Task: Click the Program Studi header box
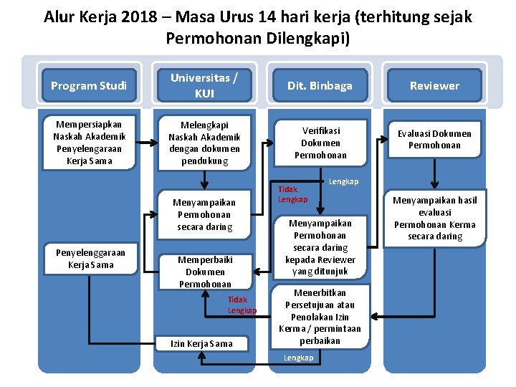[x=89, y=86]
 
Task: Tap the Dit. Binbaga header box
[x=320, y=86]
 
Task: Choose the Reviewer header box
[x=434, y=86]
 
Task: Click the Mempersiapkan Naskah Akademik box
[x=89, y=143]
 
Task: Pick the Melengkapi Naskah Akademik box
[x=204, y=143]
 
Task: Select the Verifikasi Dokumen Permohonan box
[x=320, y=143]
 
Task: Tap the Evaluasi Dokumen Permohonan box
[x=434, y=139]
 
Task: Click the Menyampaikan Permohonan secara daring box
[x=204, y=214]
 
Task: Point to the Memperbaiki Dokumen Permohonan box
[x=204, y=272]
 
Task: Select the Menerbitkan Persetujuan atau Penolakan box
[x=320, y=317]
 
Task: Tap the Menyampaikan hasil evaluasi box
[x=434, y=218]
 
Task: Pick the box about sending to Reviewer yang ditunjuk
[x=320, y=247]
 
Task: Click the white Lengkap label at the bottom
[x=298, y=358]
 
